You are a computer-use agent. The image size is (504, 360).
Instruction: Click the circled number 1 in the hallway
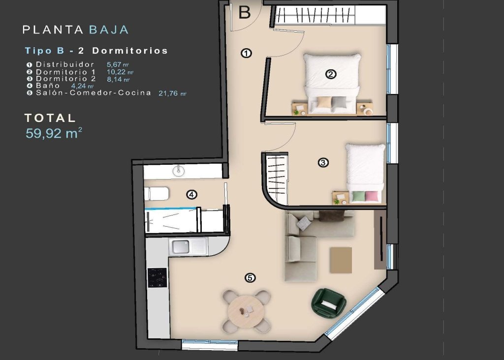247,53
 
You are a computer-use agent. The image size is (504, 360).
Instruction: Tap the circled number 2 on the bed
331,74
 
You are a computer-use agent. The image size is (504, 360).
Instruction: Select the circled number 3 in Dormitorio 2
323,162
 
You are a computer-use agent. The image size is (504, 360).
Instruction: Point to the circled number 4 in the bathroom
191,195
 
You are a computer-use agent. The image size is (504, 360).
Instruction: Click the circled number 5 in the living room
250,278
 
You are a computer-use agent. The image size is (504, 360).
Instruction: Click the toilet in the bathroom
157,194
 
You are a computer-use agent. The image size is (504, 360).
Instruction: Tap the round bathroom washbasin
179,171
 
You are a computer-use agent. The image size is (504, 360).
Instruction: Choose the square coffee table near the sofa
341,260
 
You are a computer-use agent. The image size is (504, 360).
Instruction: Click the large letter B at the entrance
245,12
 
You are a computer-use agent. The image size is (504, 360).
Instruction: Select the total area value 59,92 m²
54,134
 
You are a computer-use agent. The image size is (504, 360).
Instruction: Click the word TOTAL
50,118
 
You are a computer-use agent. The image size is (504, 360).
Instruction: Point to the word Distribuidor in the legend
65,64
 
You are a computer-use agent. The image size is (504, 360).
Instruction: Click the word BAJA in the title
109,30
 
